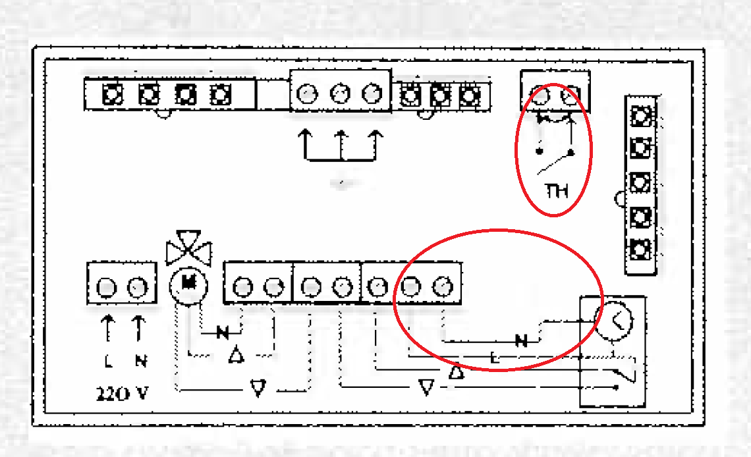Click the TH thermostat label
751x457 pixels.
(x=557, y=192)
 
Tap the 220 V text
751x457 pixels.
(x=123, y=394)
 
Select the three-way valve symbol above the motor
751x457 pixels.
(x=190, y=248)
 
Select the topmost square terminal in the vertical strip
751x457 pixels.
(x=640, y=117)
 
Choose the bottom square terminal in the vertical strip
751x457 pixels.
(x=640, y=250)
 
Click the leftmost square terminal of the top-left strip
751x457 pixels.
(x=113, y=95)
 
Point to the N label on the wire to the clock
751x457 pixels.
(x=521, y=341)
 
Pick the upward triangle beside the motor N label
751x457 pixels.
(x=236, y=356)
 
